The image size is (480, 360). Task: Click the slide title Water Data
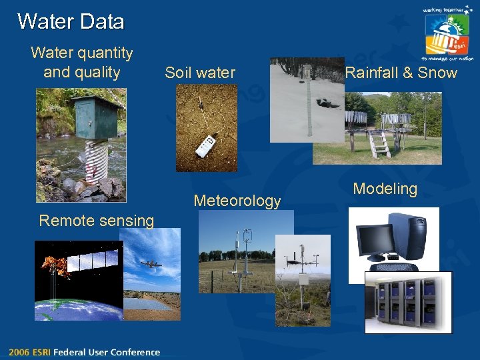click(x=71, y=21)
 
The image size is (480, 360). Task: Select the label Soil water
click(x=200, y=73)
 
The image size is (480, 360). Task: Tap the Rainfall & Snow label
click(x=401, y=73)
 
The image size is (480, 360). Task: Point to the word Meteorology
click(x=237, y=201)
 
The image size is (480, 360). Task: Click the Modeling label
click(x=385, y=189)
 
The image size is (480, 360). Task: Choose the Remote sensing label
click(x=97, y=221)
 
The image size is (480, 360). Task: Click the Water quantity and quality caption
click(x=81, y=62)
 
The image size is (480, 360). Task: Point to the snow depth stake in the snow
click(x=308, y=100)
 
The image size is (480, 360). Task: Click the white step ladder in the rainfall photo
click(x=380, y=143)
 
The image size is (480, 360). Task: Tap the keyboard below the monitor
click(x=396, y=267)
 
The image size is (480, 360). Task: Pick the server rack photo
click(x=407, y=301)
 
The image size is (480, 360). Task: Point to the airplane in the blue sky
click(x=151, y=265)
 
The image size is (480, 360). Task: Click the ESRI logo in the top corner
click(x=447, y=33)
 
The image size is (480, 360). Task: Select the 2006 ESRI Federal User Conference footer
click(x=85, y=352)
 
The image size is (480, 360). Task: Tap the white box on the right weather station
click(x=303, y=279)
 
